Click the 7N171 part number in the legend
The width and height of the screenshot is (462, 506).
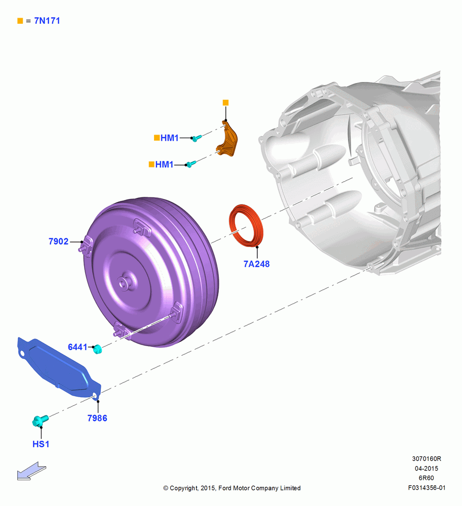click(x=47, y=21)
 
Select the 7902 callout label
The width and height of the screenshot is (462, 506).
click(x=58, y=241)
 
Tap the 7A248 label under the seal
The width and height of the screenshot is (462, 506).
click(x=256, y=264)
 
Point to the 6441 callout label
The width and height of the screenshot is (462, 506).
click(x=78, y=347)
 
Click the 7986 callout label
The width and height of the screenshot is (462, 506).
click(x=97, y=418)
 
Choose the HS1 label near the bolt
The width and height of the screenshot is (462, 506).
click(x=41, y=444)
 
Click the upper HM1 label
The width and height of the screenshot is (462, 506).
click(x=170, y=138)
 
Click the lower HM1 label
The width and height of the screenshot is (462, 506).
click(x=165, y=164)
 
